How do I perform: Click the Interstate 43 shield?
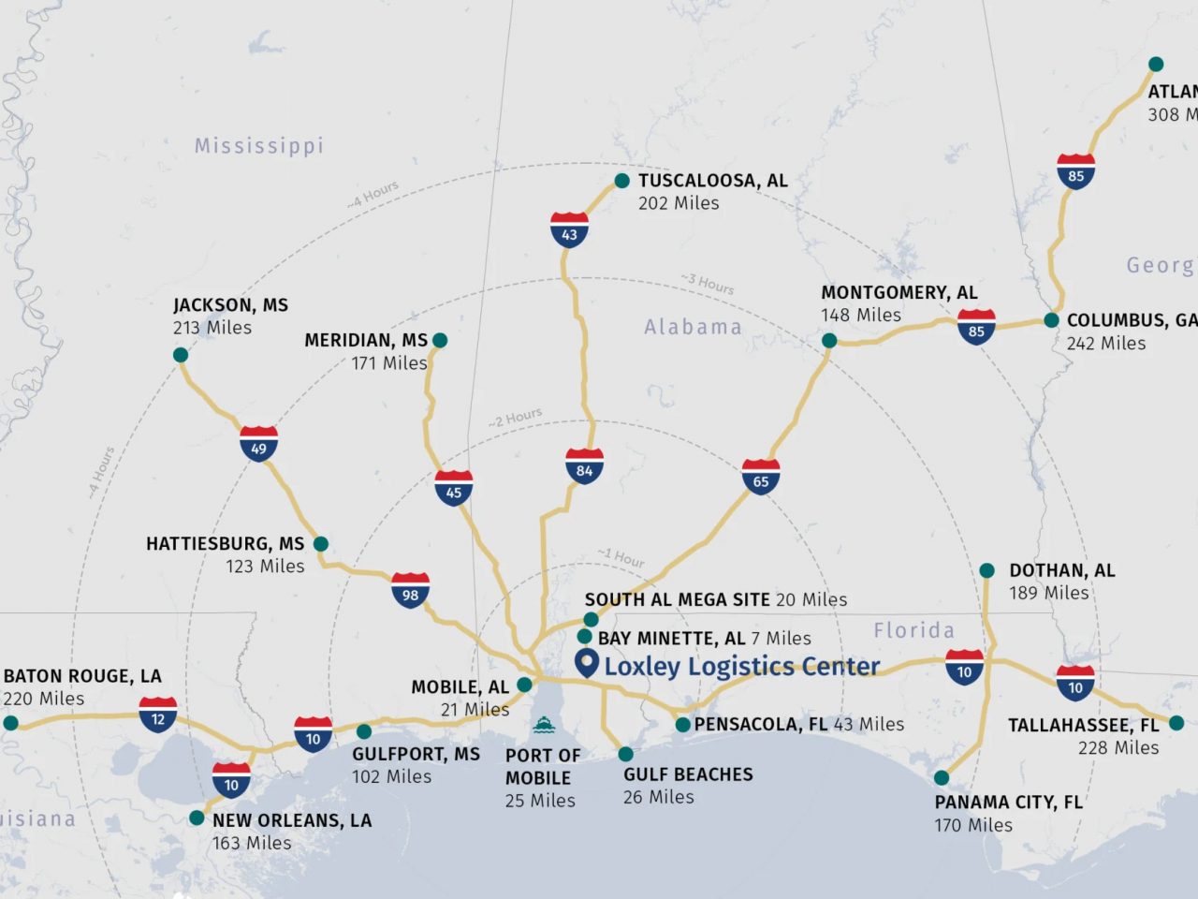[569, 230]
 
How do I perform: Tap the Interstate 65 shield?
[761, 478]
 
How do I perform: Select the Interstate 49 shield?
[258, 445]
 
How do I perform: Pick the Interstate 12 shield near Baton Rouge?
[157, 715]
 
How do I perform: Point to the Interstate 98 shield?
[410, 591]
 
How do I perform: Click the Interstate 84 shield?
[584, 466]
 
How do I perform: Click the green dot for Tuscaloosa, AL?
[621, 181]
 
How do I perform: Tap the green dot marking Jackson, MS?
[181, 355]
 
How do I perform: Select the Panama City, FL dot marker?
[942, 778]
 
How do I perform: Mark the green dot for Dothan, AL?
[986, 570]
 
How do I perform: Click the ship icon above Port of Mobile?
[543, 725]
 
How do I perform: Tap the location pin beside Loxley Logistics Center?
[586, 664]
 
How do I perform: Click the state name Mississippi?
[259, 146]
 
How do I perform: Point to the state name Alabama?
[693, 328]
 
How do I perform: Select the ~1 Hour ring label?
[621, 558]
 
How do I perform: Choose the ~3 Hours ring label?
[708, 283]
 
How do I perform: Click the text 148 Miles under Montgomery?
[861, 316]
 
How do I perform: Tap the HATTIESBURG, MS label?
[225, 544]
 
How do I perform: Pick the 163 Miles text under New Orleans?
[252, 843]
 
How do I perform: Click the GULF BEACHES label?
[688, 774]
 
